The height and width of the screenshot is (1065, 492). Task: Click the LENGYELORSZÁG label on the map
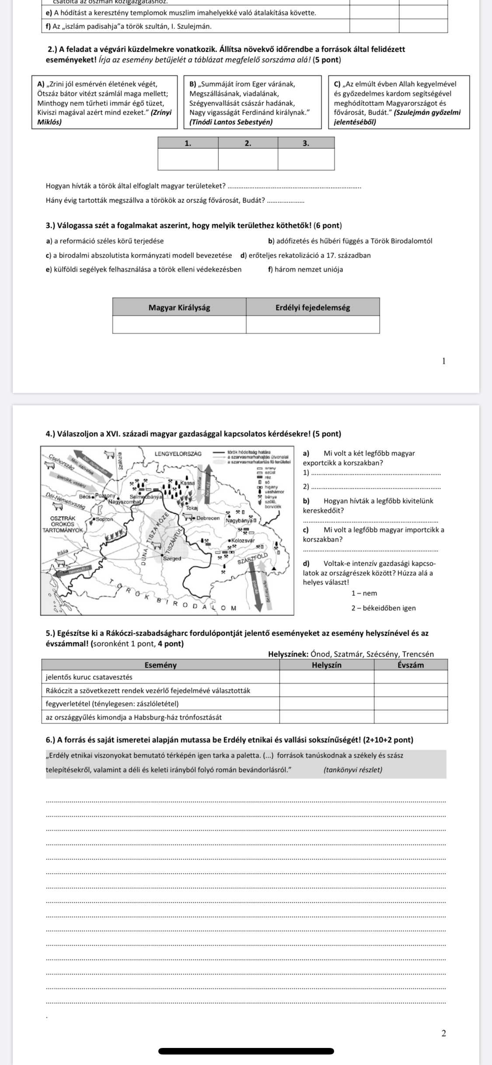click(178, 454)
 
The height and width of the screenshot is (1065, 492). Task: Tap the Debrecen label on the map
click(208, 518)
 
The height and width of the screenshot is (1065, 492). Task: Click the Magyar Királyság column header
click(179, 307)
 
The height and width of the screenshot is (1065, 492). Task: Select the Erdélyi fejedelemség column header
click(313, 307)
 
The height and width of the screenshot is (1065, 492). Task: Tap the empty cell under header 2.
click(248, 159)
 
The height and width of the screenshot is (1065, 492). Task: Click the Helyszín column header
click(327, 665)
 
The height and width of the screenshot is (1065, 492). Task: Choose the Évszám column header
click(411, 665)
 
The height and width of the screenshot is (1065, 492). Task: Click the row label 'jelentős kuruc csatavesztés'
click(89, 677)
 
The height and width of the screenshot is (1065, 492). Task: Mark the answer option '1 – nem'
click(364, 593)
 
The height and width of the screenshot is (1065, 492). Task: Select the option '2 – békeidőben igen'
click(384, 608)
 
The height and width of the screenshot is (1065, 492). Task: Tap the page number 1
click(443, 361)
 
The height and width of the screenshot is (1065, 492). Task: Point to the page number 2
click(443, 1034)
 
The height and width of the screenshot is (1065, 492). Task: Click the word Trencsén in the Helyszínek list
click(418, 654)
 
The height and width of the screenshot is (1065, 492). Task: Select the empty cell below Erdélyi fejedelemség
click(313, 324)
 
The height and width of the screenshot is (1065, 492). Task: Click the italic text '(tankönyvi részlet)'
click(352, 769)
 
